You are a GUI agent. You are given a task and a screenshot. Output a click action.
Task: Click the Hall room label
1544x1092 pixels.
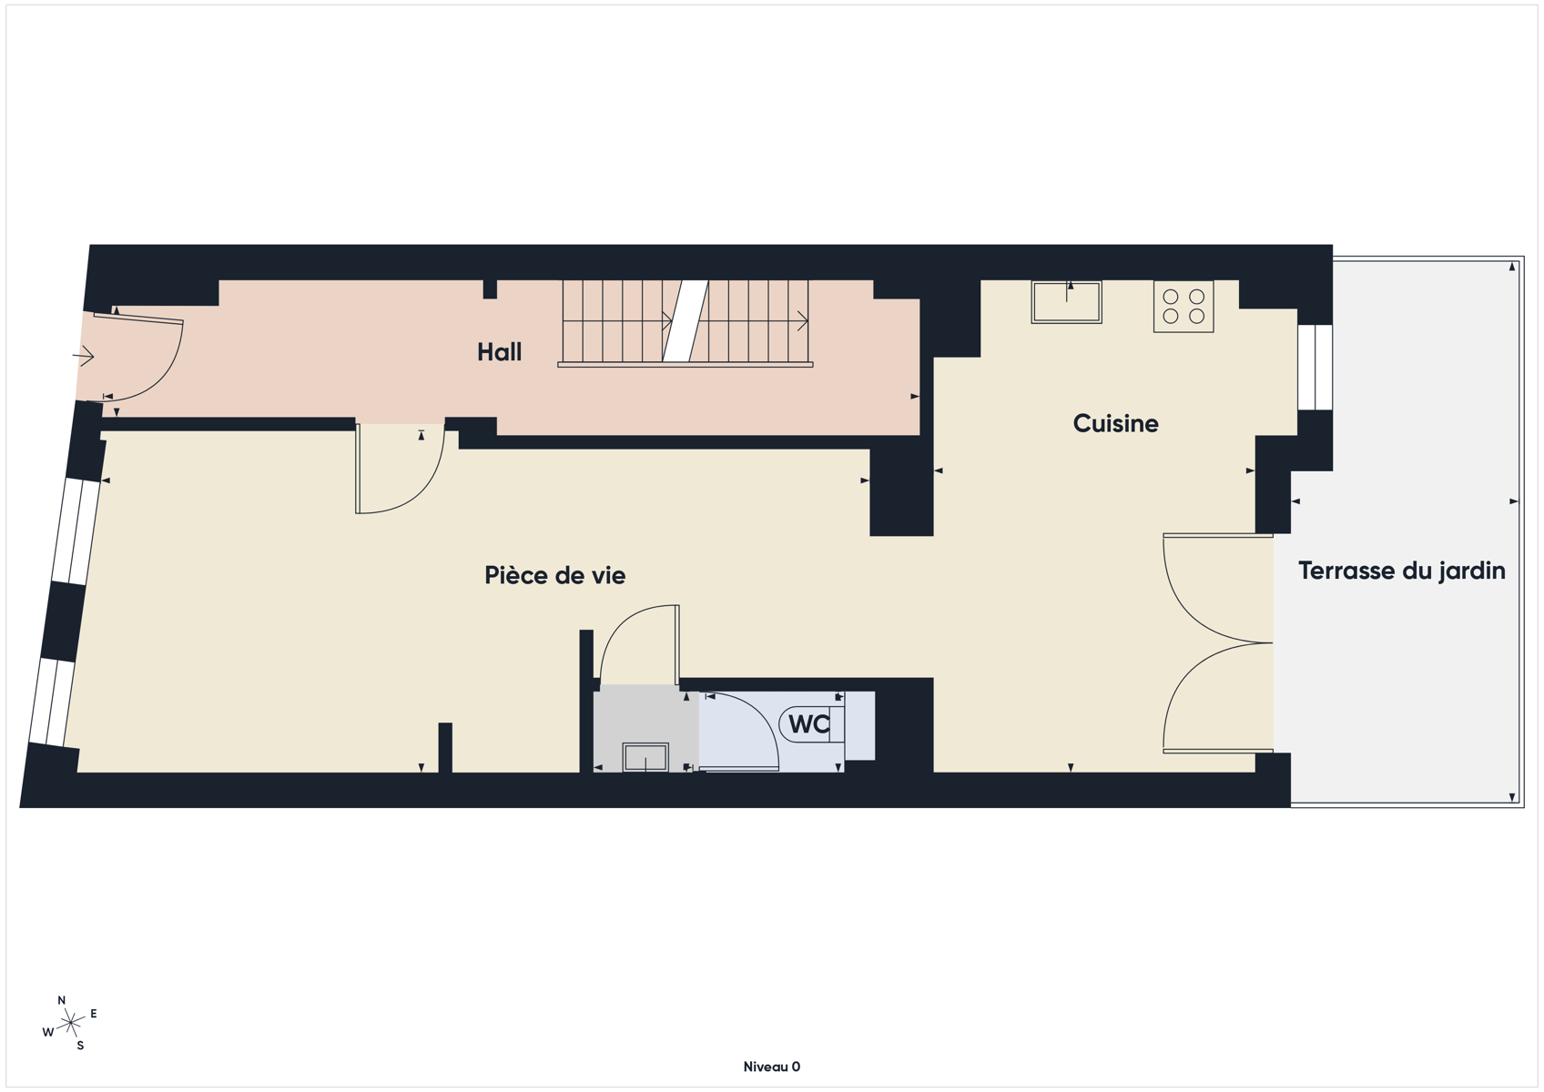[x=499, y=352]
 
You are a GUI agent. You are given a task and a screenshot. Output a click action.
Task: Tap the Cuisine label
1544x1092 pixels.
[x=1115, y=423]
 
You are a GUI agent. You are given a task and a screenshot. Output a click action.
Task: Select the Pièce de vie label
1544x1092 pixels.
[x=555, y=574]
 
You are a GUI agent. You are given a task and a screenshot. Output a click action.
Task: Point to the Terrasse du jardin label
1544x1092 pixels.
[x=1401, y=571]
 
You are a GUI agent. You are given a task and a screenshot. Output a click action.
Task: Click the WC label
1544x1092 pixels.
[x=809, y=724]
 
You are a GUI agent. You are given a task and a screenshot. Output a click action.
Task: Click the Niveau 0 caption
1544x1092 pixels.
[x=771, y=1067]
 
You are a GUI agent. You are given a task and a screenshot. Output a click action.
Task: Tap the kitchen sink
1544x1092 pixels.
[x=1066, y=302]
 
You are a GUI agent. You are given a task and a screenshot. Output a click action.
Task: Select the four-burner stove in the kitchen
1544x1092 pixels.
[x=1183, y=307]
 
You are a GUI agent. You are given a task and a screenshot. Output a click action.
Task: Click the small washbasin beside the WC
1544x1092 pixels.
[x=645, y=757]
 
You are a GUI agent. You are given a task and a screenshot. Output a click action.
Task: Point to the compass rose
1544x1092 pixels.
[x=70, y=1023]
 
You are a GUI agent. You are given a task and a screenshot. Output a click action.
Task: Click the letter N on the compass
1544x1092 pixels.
[x=61, y=1000]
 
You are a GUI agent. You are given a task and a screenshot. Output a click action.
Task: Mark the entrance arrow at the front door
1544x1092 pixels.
[x=84, y=356]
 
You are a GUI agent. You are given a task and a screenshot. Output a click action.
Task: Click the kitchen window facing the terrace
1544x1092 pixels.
[x=1315, y=368]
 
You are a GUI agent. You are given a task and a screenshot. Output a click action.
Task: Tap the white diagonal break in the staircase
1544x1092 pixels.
[x=686, y=321]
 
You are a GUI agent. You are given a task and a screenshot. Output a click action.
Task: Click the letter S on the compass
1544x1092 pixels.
[x=80, y=1046]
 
